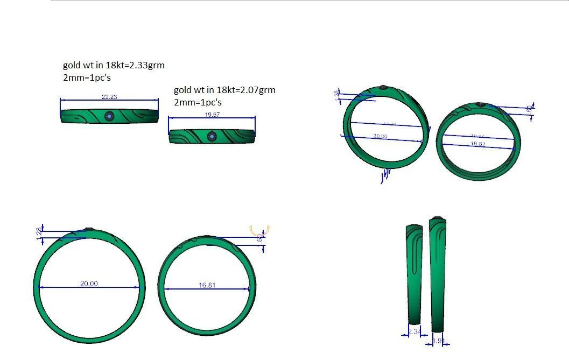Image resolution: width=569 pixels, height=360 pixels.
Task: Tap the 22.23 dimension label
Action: click(109, 97)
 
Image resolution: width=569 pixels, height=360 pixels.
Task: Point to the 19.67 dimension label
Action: click(212, 115)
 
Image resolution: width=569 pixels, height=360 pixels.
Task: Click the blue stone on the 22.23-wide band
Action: click(110, 116)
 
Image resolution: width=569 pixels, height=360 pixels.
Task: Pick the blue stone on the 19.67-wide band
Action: click(212, 137)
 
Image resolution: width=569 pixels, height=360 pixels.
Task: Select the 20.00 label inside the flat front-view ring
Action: click(89, 284)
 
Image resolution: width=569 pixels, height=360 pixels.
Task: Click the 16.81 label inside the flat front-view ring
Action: click(207, 285)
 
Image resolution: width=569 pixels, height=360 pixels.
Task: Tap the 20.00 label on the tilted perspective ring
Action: click(380, 136)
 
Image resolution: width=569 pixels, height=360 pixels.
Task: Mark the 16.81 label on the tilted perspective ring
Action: click(477, 144)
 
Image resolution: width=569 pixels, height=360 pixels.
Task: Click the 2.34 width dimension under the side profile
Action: click(414, 332)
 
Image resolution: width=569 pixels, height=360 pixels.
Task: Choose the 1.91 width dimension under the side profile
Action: click(438, 341)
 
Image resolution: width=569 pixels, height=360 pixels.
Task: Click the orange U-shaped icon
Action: click(260, 230)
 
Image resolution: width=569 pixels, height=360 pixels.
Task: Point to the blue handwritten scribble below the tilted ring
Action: click(385, 176)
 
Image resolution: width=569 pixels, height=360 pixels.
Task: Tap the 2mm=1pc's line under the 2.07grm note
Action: click(198, 102)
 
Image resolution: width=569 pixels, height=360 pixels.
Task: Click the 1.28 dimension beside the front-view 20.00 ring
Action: click(38, 234)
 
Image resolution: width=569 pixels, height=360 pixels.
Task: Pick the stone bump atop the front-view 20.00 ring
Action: click(89, 229)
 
